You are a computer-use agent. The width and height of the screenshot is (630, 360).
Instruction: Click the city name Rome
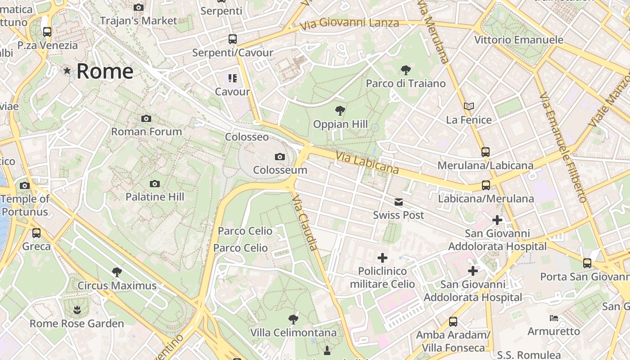point(105,71)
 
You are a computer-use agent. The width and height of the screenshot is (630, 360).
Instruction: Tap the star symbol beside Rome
point(67,71)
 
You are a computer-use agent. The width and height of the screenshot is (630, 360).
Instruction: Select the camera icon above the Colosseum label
point(280,157)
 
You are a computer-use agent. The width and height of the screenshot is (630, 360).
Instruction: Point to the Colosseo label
point(247,137)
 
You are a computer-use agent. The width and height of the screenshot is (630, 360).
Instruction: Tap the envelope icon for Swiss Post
point(399,202)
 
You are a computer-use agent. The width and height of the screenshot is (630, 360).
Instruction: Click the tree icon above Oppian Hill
point(340,111)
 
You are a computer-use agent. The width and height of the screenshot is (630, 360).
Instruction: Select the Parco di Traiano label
point(405,83)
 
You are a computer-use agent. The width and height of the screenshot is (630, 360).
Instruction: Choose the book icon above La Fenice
point(469,107)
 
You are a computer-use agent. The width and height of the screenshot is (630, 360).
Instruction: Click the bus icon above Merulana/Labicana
point(486,152)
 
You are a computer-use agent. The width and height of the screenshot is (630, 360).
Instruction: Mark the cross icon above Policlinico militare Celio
point(382,258)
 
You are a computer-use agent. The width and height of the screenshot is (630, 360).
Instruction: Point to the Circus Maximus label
point(117,285)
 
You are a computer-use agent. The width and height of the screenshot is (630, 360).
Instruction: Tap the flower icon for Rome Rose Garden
point(77,310)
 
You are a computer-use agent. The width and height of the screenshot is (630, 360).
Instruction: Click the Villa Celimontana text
point(293,333)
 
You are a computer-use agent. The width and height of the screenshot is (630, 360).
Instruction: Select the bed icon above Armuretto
point(554,318)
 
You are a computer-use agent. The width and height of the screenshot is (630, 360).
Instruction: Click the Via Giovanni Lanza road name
point(350,23)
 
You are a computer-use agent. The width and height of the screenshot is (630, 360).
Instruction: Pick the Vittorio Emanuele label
point(518,40)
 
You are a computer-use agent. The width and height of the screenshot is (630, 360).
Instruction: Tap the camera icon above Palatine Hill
point(155,184)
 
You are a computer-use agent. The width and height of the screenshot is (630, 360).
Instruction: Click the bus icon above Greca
point(36,233)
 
